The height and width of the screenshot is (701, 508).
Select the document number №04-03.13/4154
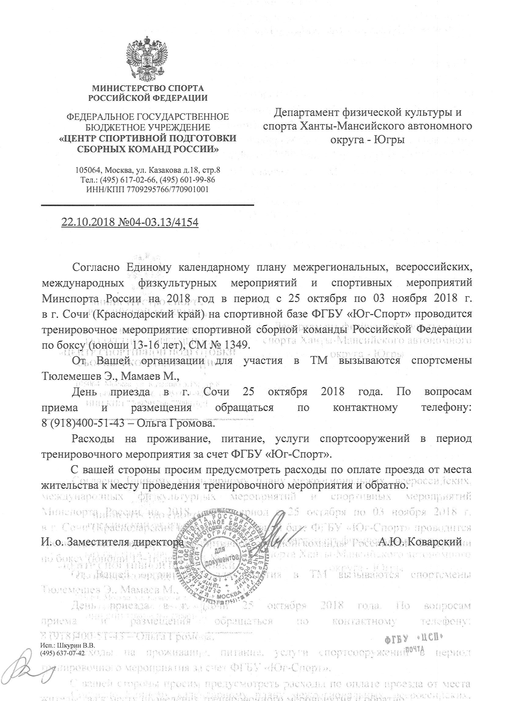(158, 222)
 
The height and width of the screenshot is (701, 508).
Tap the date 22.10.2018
(88, 222)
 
